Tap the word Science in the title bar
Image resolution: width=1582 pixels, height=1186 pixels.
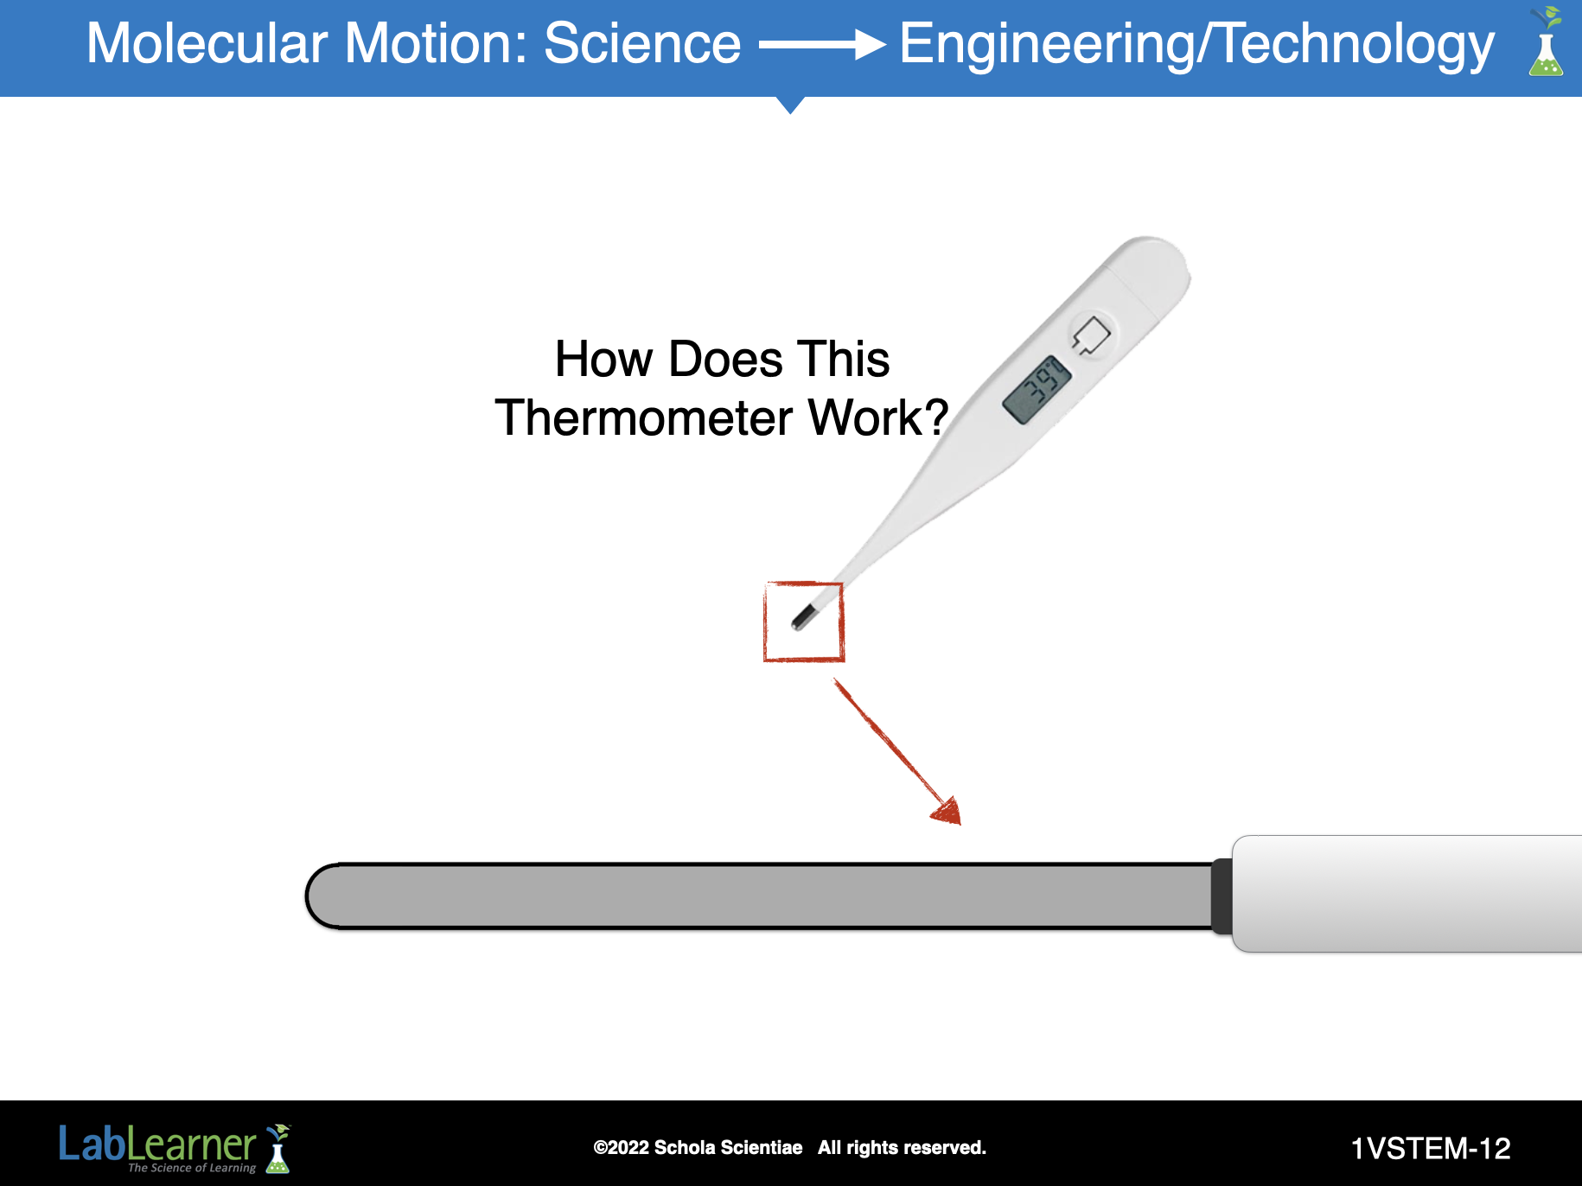click(x=642, y=43)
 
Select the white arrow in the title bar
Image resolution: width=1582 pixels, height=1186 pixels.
click(x=822, y=45)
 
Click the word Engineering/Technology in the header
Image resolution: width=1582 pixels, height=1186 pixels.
click(x=1197, y=45)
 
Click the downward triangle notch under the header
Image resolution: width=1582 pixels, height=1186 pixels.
click(x=790, y=105)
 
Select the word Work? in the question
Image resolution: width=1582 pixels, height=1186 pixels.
click(x=878, y=418)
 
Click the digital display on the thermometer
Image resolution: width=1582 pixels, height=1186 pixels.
click(x=1037, y=390)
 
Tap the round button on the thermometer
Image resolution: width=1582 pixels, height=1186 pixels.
click(x=1092, y=336)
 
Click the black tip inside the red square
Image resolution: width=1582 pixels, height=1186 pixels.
click(x=804, y=617)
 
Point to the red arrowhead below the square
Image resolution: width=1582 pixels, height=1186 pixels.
click(x=947, y=812)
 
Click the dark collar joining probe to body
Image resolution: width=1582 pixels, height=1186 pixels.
click(x=1222, y=896)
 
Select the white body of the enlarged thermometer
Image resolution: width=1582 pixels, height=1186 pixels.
click(x=1407, y=894)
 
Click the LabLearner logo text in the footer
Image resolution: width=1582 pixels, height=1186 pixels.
click(x=157, y=1145)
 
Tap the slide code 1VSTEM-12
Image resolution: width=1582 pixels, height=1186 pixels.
click(x=1431, y=1149)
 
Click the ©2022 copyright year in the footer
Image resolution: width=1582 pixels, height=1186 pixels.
click(x=621, y=1148)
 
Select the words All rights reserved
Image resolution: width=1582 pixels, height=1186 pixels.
click(x=902, y=1148)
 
